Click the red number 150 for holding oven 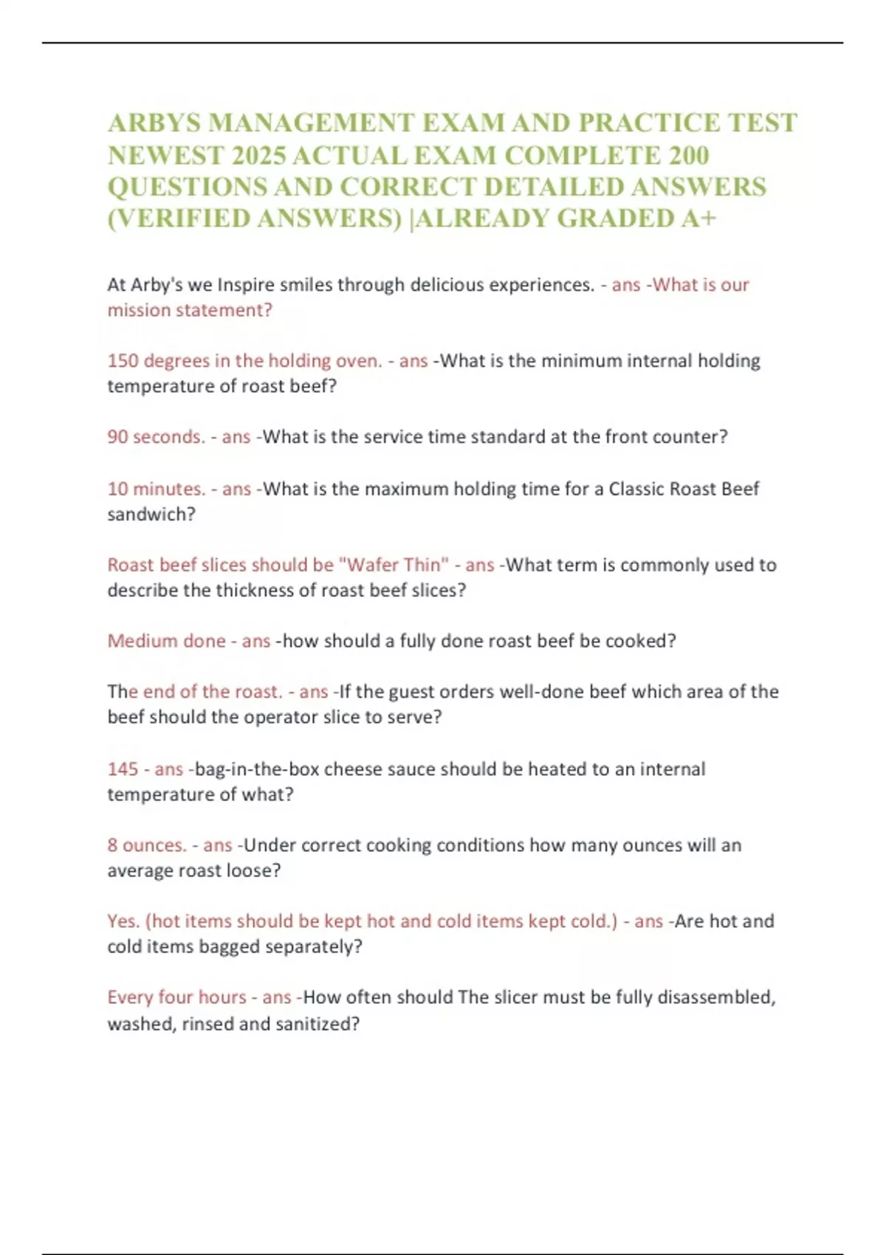click(x=123, y=361)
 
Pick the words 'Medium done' click(x=167, y=641)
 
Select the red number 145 click(x=123, y=769)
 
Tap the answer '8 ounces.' click(x=147, y=845)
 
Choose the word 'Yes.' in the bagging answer click(x=123, y=921)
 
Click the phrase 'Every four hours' click(x=177, y=997)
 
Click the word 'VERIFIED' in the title click(x=184, y=219)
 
